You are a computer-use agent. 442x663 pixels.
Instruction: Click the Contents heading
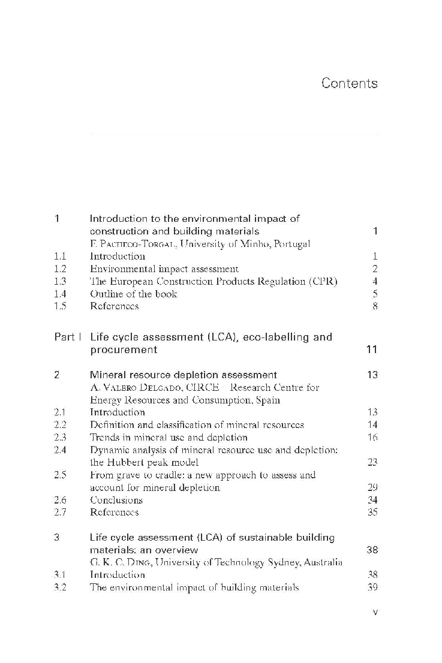[x=349, y=83]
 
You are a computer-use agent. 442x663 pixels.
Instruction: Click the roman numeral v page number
[x=374, y=612]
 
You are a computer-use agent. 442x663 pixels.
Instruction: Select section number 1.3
[x=59, y=282]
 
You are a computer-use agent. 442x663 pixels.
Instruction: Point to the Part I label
[x=67, y=337]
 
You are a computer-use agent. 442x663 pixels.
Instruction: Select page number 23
[x=372, y=462]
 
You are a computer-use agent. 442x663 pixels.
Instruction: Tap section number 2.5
[x=59, y=475]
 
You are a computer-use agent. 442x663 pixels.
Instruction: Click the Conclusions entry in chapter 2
[x=116, y=500]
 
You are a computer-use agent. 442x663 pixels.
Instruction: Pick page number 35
[x=372, y=513]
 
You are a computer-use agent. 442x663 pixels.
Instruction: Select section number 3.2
[x=59, y=587]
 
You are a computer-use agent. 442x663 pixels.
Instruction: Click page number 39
[x=372, y=587]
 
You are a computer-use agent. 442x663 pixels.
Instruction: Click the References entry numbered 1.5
[x=114, y=306]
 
